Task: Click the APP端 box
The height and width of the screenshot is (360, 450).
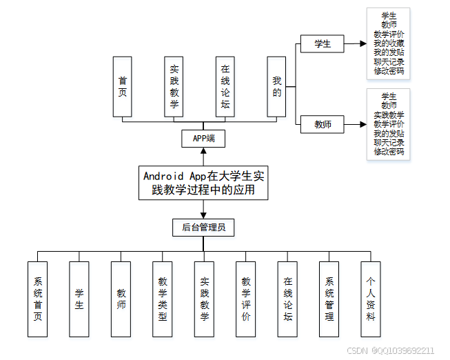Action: (x=203, y=139)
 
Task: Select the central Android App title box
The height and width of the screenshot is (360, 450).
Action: (x=203, y=183)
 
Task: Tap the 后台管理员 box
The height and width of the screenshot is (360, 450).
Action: (x=203, y=227)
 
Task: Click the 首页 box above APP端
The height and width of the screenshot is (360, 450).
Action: (x=122, y=86)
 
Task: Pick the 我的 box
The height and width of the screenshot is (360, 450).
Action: (x=276, y=86)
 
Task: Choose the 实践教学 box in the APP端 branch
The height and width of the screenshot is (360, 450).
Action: (x=174, y=86)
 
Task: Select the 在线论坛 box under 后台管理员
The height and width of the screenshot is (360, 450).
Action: (x=288, y=299)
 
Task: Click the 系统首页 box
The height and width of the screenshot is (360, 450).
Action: (x=38, y=299)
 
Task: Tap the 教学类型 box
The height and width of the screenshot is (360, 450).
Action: (x=163, y=299)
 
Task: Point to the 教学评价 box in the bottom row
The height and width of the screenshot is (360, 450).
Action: (x=246, y=299)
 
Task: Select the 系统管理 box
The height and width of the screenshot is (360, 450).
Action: (x=329, y=299)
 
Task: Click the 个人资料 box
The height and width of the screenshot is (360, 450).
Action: (x=371, y=299)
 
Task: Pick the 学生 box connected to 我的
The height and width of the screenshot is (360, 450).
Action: (x=322, y=44)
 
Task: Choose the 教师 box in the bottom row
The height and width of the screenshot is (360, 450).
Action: (x=121, y=299)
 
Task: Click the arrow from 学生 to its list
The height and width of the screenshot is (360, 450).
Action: (x=355, y=44)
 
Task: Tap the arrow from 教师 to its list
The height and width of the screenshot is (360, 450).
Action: (x=355, y=125)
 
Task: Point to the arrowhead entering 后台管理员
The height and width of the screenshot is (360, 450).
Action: (x=203, y=214)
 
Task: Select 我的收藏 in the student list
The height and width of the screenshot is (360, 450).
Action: (x=389, y=43)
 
